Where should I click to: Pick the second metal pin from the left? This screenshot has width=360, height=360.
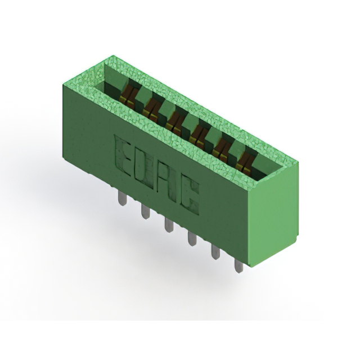pos(145,211)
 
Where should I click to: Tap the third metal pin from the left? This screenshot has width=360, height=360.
pos(169,225)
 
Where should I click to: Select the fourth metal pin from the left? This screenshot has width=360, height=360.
pos(192,238)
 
